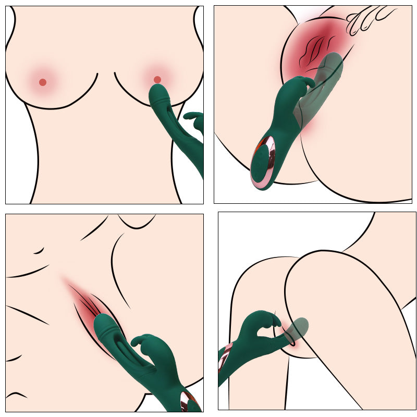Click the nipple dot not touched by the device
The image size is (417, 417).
point(43,82)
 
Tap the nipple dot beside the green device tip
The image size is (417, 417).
point(157,79)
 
